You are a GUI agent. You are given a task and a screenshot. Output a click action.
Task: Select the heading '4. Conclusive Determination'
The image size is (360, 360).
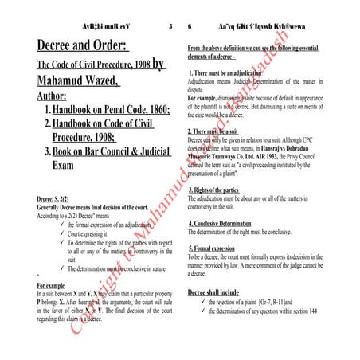231,223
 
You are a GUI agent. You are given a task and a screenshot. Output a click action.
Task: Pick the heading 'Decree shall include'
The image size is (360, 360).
217,292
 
